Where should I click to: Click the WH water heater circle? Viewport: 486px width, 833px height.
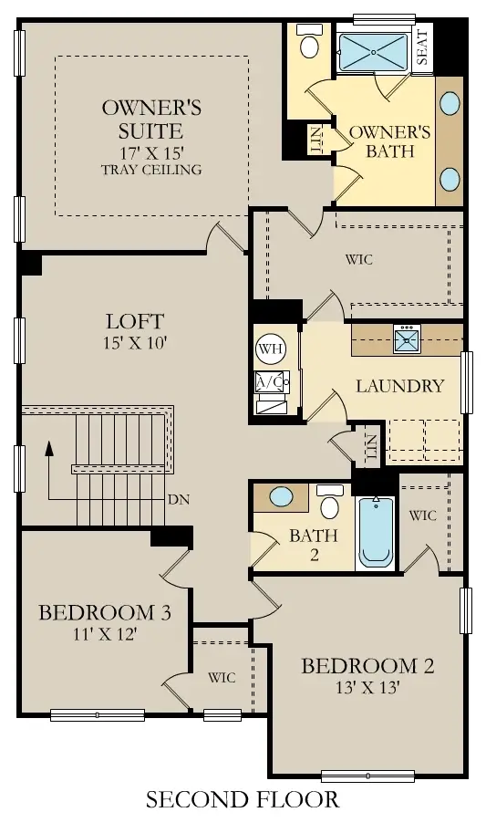pyautogui.click(x=269, y=348)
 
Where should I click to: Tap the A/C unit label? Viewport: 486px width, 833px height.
pyautogui.click(x=270, y=380)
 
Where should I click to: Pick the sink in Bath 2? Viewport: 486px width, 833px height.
pyautogui.click(x=283, y=498)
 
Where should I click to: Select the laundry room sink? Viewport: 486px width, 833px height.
pyautogui.click(x=406, y=340)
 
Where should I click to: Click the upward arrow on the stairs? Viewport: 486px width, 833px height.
pyautogui.click(x=49, y=449)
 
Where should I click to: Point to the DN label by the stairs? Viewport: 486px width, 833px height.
pyautogui.click(x=180, y=501)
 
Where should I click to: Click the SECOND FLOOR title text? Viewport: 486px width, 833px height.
pyautogui.click(x=243, y=800)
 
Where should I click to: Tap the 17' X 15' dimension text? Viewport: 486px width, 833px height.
pyautogui.click(x=152, y=151)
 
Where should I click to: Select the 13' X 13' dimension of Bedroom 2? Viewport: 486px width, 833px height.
pyautogui.click(x=367, y=688)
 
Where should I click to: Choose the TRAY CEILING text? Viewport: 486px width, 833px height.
pyautogui.click(x=152, y=170)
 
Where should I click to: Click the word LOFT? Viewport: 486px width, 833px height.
pyautogui.click(x=134, y=321)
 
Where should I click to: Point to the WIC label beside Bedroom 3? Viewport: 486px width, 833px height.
pyautogui.click(x=222, y=677)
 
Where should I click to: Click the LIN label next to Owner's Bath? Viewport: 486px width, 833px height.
pyautogui.click(x=316, y=140)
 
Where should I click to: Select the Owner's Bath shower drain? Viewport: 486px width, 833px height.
pyautogui.click(x=374, y=52)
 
